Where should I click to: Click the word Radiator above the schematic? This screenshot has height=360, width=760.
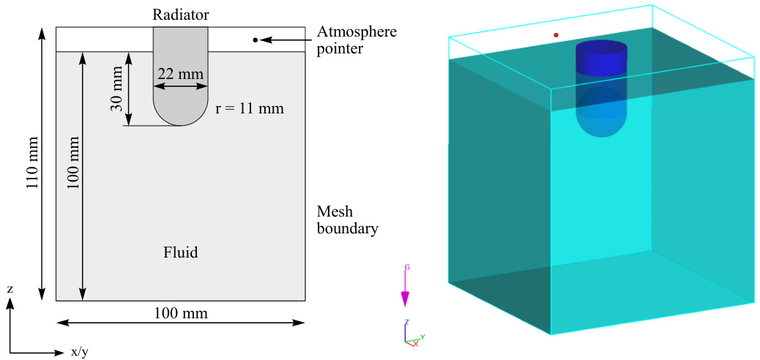pyautogui.click(x=180, y=15)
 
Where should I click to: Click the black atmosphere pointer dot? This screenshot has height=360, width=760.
pyautogui.click(x=255, y=40)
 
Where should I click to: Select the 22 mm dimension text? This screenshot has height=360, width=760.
pyautogui.click(x=180, y=74)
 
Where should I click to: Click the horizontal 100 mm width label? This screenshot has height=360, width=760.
pyautogui.click(x=181, y=313)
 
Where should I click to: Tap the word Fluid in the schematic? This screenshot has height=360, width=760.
pyautogui.click(x=180, y=253)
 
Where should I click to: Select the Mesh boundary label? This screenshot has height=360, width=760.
pyautogui.click(x=347, y=220)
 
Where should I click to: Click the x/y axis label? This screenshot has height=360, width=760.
pyautogui.click(x=80, y=352)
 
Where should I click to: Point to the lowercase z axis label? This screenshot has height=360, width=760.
pyautogui.click(x=10, y=290)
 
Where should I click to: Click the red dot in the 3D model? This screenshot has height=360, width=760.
pyautogui.click(x=556, y=34)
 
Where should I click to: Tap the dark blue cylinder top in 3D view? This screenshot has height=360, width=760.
pyautogui.click(x=602, y=49)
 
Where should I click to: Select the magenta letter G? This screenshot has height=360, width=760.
pyautogui.click(x=407, y=267)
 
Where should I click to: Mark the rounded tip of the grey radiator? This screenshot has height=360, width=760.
pyautogui.click(x=180, y=117)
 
